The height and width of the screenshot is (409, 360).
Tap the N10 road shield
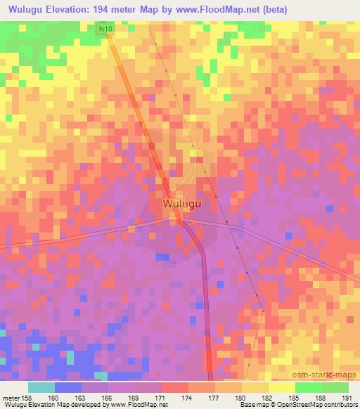coord(105,28)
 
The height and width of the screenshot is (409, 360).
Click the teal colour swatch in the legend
coord(41,387)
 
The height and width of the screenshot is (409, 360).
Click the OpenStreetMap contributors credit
coord(319,405)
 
